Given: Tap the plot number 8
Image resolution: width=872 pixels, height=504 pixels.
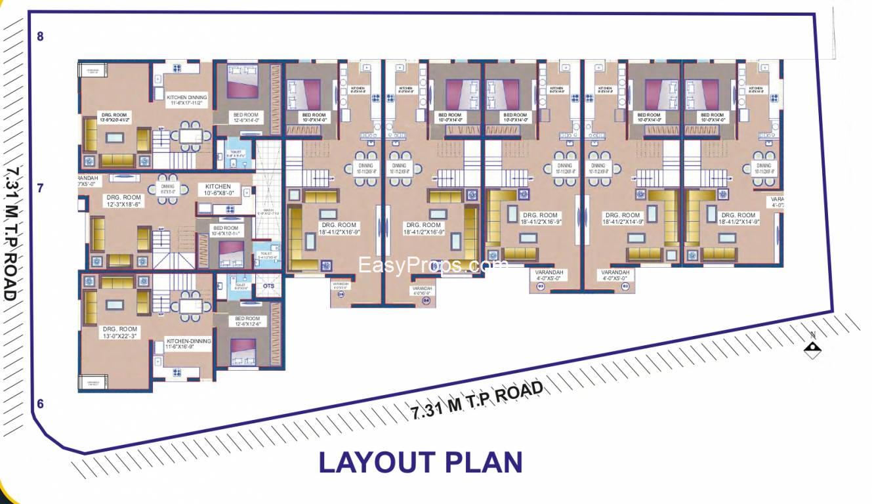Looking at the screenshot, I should (x=40, y=37).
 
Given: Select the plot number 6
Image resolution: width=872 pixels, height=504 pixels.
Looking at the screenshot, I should (x=40, y=404).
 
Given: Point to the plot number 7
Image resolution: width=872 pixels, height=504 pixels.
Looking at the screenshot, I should (x=40, y=188).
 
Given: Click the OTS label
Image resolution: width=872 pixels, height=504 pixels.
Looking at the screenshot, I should (x=269, y=286).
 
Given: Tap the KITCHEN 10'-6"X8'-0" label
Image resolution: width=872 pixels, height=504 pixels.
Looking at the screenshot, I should (x=218, y=190).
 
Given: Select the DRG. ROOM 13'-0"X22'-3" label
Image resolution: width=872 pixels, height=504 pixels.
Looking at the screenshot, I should (x=119, y=333).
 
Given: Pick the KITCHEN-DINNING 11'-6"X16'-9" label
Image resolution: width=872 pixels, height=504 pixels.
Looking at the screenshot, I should (x=189, y=345).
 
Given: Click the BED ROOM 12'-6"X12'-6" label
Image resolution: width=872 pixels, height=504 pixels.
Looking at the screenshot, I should (x=248, y=322).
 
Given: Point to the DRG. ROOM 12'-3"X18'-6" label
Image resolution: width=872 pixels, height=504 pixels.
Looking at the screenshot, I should (x=124, y=201).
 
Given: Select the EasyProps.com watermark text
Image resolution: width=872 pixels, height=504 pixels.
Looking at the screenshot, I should (x=433, y=265).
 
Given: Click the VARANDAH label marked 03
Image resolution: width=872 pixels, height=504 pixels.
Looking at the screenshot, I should (x=549, y=276).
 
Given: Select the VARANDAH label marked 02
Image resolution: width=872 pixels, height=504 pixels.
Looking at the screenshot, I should (x=615, y=276).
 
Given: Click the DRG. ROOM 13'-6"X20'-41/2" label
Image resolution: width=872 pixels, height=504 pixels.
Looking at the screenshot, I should (x=115, y=117).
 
